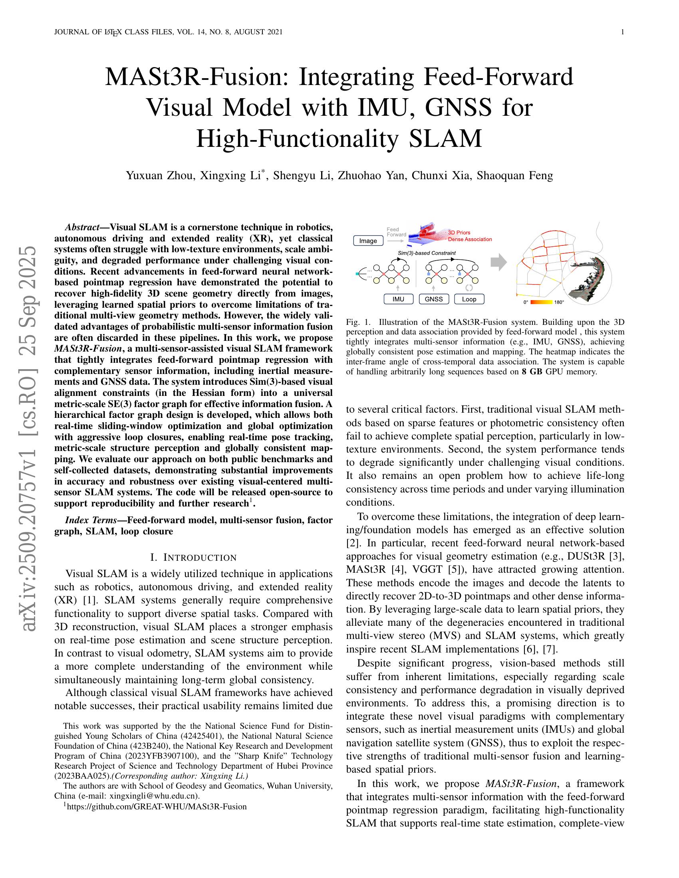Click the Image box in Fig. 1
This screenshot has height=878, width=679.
coord(368,240)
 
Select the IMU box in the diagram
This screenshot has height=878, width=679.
coord(398,299)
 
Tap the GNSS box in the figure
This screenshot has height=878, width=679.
coord(434,299)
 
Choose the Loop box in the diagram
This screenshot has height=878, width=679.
coord(469,299)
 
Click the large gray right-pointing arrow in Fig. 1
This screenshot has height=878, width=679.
coord(499,262)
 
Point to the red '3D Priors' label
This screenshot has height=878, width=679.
coord(459,232)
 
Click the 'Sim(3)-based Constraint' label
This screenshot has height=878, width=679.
coord(427,253)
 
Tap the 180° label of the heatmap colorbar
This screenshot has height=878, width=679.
coord(559,302)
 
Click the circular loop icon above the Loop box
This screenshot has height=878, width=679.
coord(469,288)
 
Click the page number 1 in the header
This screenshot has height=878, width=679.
coord(622,32)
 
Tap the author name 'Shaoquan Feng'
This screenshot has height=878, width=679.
coord(515,175)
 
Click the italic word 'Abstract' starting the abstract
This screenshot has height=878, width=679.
coord(82,227)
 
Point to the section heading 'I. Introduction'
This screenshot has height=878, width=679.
coord(193,557)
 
